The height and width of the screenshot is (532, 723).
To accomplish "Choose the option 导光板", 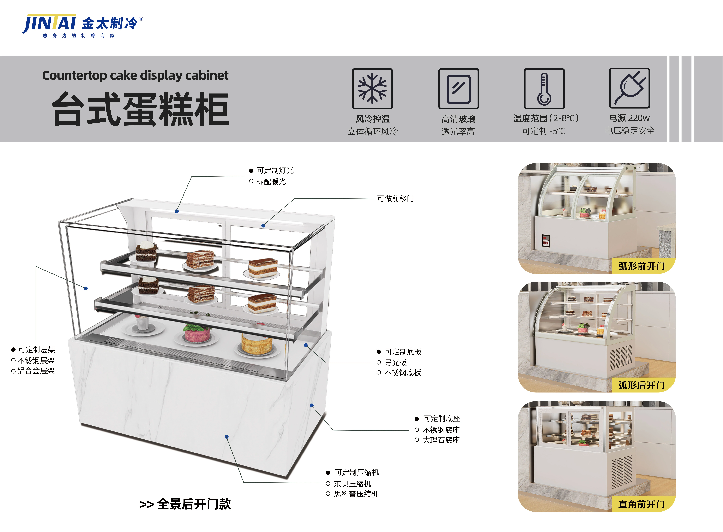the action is (x=396, y=363).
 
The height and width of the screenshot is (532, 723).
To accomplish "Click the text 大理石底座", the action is (x=441, y=440).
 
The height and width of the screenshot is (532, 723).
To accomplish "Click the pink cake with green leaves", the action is (x=197, y=333).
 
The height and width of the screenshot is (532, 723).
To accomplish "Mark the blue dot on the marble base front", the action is (x=227, y=437).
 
